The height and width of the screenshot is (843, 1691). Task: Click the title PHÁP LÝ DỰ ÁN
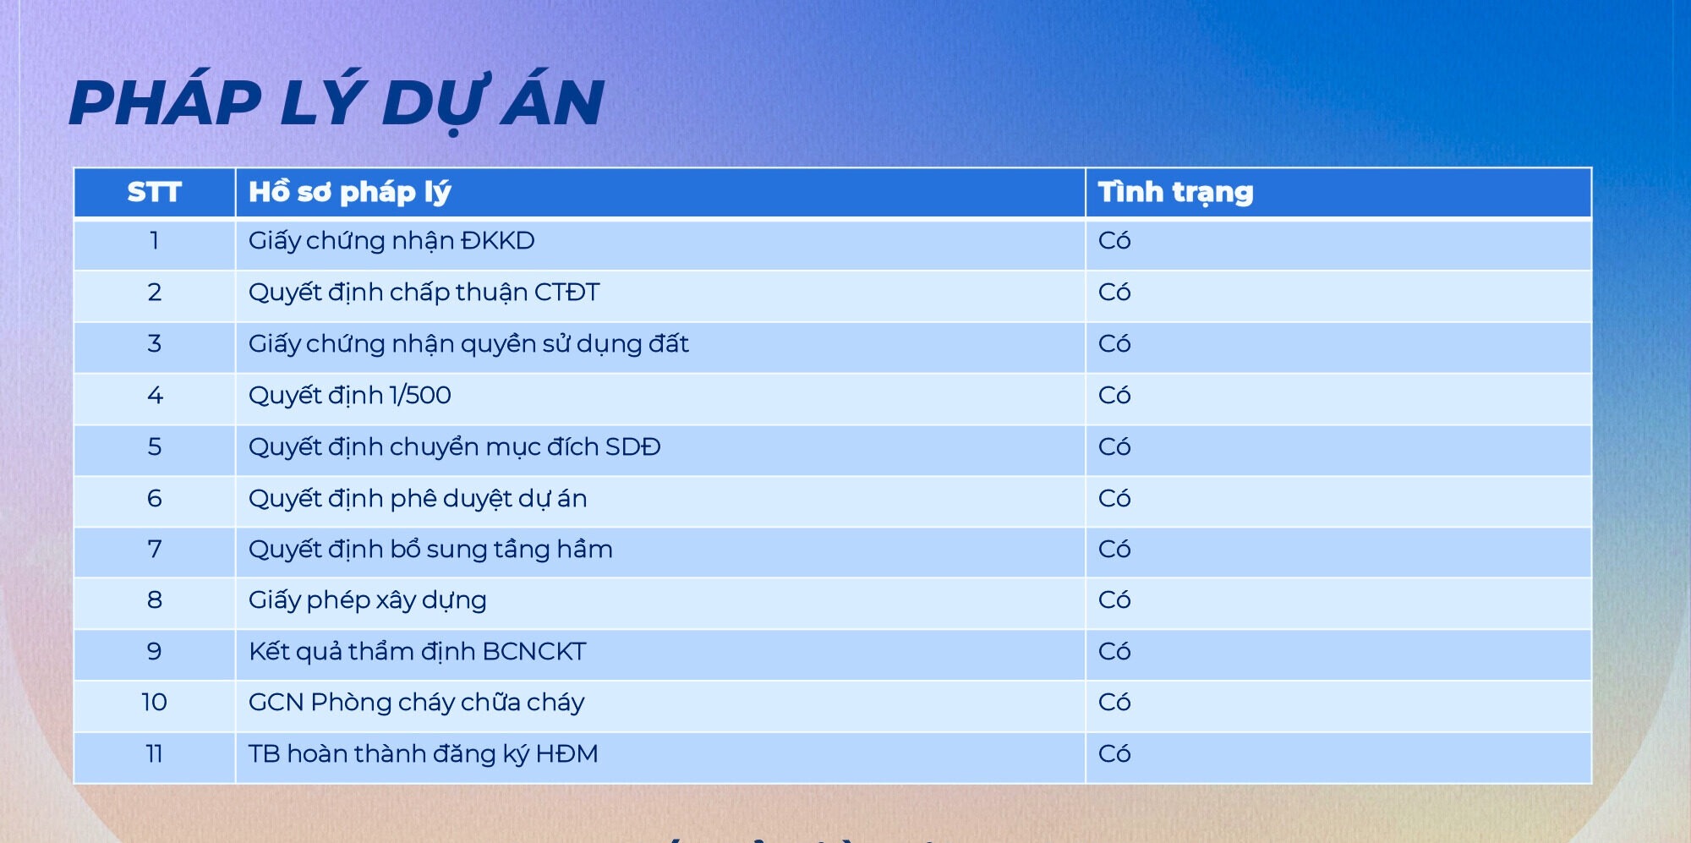[x=337, y=102]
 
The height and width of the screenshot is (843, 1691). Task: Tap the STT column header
[x=154, y=193]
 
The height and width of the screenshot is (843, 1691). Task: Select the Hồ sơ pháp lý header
[x=349, y=193]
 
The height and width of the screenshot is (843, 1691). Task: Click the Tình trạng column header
[x=1175, y=193]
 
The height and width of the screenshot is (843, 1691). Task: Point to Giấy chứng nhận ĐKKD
[x=391, y=241]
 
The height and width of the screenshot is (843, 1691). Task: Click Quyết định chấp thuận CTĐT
[x=424, y=293]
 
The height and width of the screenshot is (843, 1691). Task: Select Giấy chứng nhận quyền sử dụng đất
[x=468, y=344]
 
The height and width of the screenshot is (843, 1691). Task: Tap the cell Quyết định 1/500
[x=349, y=395]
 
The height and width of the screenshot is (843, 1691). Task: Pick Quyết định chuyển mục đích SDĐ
[x=454, y=446]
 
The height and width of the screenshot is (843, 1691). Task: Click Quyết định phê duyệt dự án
[x=418, y=498]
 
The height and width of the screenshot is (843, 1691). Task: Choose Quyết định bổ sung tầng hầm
[x=430, y=549]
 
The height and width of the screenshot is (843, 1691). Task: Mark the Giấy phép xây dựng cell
[x=367, y=600]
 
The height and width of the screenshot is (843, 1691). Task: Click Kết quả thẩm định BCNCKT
[x=417, y=651]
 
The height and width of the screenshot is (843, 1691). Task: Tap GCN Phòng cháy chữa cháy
[x=416, y=703]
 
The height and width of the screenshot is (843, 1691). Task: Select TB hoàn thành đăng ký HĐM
[x=423, y=753]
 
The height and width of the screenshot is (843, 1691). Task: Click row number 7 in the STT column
[x=155, y=550]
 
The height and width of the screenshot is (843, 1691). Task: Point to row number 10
[x=154, y=702]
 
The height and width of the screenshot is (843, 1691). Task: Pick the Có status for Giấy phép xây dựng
[x=1114, y=599]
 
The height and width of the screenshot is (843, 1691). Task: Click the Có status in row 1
[x=1114, y=240]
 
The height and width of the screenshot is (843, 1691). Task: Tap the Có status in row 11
[x=1114, y=753]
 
